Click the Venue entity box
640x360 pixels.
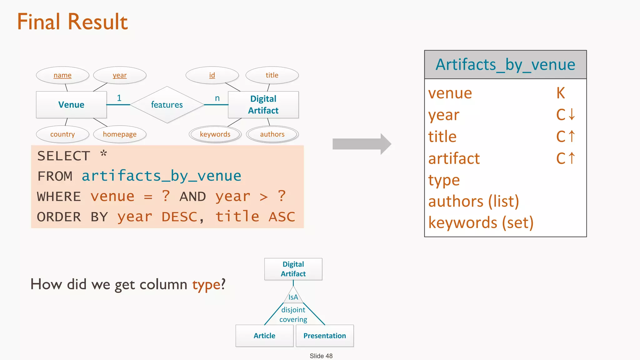click(x=71, y=105)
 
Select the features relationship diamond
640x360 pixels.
click(x=167, y=105)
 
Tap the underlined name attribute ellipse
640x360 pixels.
click(x=62, y=75)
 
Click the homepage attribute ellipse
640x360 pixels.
click(x=120, y=134)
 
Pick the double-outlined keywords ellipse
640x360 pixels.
click(x=215, y=134)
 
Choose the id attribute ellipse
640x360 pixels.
click(x=212, y=75)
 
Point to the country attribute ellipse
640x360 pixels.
click(x=62, y=134)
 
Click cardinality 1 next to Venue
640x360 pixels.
click(x=119, y=98)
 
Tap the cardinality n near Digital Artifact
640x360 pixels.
click(x=217, y=98)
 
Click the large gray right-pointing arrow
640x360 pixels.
click(x=362, y=144)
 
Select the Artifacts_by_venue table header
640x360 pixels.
click(x=505, y=65)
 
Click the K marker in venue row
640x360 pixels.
click(x=561, y=93)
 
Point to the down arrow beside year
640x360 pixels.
click(x=572, y=114)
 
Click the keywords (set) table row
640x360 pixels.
click(x=481, y=223)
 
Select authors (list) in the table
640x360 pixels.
click(x=473, y=201)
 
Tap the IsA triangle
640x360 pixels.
click(x=293, y=296)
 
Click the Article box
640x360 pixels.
click(x=264, y=336)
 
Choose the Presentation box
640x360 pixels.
click(x=325, y=336)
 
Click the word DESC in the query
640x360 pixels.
click(x=179, y=217)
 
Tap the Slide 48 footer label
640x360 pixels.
click(x=321, y=356)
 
